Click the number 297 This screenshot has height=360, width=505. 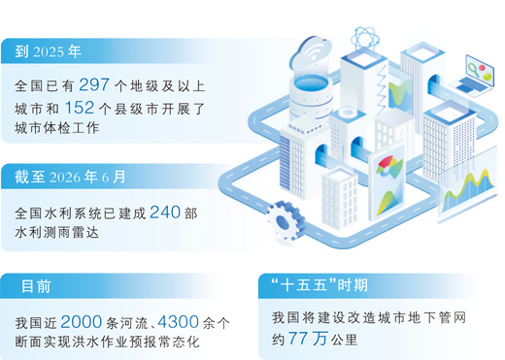click(94, 84)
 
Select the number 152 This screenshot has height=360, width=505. click(80, 108)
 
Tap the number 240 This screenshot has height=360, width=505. click(165, 213)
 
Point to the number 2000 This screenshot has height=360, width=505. click(82, 322)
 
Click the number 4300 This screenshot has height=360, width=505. click(179, 322)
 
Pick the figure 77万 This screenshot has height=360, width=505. click(308, 339)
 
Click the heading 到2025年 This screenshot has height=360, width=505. click(48, 51)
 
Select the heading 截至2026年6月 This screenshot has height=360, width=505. click(70, 177)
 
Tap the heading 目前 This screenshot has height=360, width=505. click(36, 286)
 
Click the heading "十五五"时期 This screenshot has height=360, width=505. click(320, 285)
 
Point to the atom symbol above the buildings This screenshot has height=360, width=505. click(365, 40)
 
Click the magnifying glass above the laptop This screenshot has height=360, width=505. click(474, 69)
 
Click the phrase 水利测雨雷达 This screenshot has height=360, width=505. click(56, 232)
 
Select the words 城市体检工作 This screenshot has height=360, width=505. click(56, 128)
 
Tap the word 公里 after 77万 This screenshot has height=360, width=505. click(344, 340)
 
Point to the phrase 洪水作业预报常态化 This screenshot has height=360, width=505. click(136, 342)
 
